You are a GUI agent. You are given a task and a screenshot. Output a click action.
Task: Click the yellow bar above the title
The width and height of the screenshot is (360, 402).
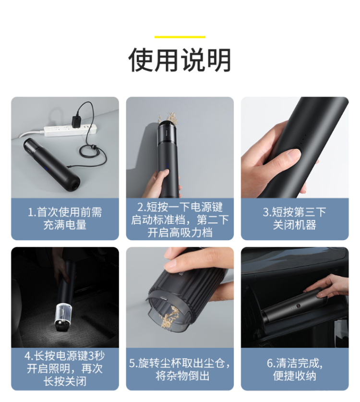pyautogui.click(x=180, y=37)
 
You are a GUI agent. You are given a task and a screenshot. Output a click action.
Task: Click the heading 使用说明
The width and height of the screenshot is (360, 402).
pyautogui.click(x=180, y=60)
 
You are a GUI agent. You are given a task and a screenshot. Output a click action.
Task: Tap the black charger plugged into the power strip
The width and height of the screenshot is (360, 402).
pyautogui.click(x=77, y=122)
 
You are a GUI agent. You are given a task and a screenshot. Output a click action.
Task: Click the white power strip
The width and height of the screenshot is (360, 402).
pyautogui.click(x=70, y=130)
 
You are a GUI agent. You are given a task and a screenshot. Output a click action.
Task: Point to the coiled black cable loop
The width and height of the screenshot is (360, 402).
pyautogui.click(x=93, y=152)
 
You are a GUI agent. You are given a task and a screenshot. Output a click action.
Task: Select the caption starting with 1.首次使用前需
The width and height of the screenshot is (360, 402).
pyautogui.click(x=65, y=219)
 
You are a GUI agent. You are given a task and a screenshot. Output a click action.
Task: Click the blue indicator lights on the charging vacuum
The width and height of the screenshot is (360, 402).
pyautogui.click(x=46, y=169)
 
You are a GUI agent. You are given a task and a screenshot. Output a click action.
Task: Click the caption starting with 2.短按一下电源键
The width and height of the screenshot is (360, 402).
pyautogui.click(x=180, y=219)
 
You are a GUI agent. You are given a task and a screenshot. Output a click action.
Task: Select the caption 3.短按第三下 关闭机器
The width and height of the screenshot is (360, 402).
pyautogui.click(x=294, y=219)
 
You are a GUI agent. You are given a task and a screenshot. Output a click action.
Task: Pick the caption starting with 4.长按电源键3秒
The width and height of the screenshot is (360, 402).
pyautogui.click(x=65, y=368)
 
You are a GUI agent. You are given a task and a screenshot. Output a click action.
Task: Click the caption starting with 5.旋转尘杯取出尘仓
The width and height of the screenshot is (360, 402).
pyautogui.click(x=180, y=369)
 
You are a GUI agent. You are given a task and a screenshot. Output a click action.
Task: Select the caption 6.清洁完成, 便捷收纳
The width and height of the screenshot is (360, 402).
pyautogui.click(x=294, y=369)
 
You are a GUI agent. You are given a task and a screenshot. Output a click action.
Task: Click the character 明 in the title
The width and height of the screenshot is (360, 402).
pyautogui.click(x=219, y=60)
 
